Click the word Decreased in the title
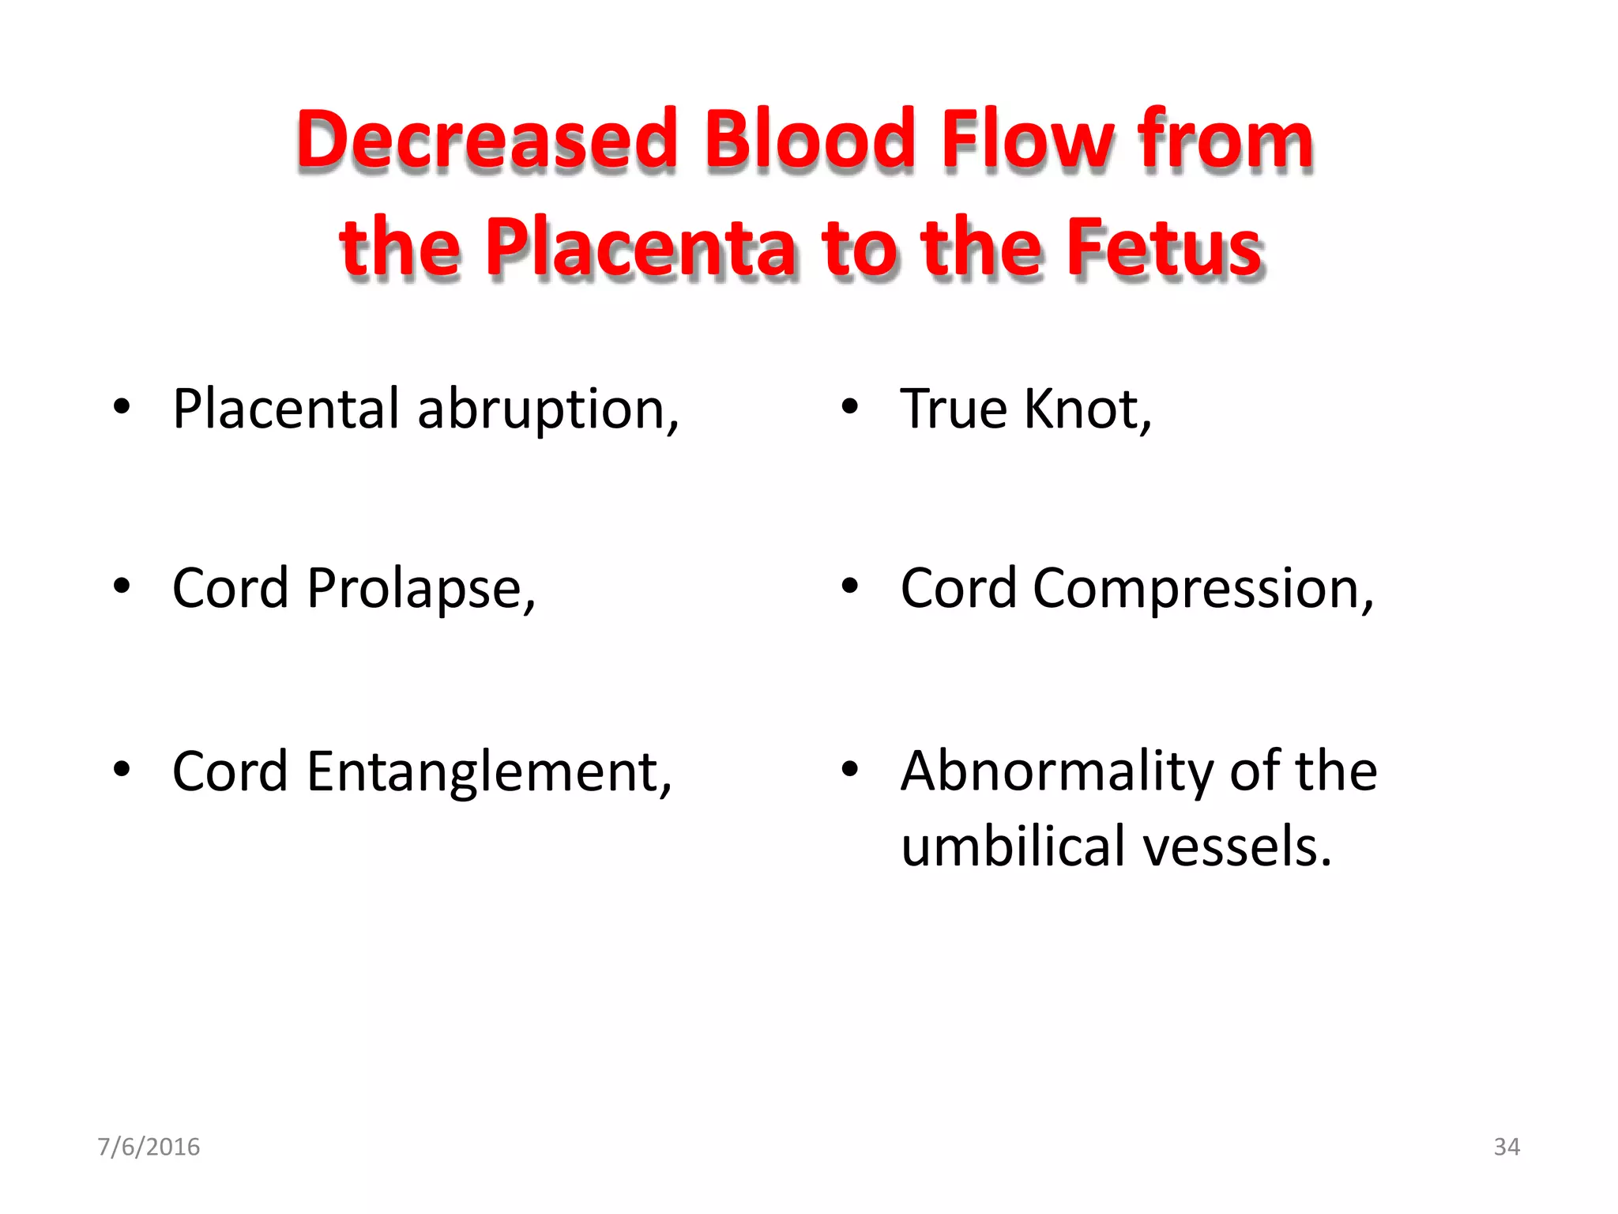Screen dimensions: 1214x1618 click(487, 140)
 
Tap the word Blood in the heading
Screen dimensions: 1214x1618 click(809, 140)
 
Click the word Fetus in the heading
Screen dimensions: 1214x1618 click(1164, 248)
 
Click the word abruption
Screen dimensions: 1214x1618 click(547, 410)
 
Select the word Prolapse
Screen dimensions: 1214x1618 click(421, 589)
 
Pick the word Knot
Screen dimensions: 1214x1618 click(1087, 410)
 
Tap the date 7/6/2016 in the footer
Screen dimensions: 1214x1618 click(149, 1147)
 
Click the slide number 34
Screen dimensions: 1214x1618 click(1507, 1147)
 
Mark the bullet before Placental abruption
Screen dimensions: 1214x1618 click(121, 407)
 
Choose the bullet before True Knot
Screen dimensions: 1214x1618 click(849, 407)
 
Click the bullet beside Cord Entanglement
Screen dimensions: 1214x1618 click(121, 768)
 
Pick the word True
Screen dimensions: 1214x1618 click(954, 410)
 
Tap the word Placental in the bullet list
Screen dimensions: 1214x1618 click(286, 410)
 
